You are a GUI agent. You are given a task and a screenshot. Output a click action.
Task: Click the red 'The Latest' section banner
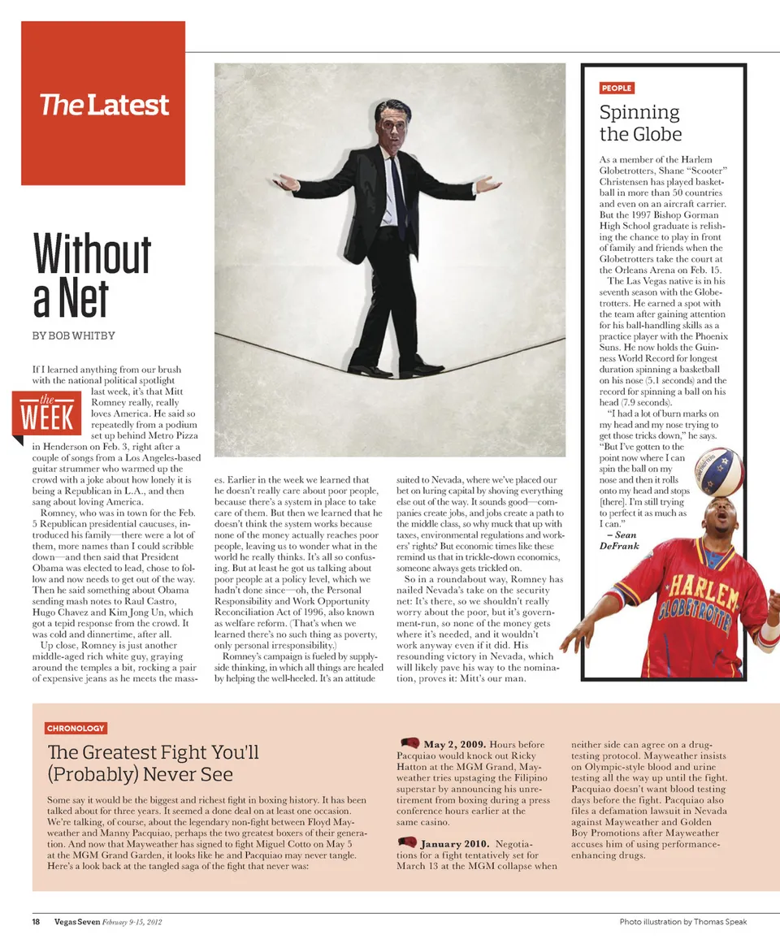pyautogui.click(x=103, y=104)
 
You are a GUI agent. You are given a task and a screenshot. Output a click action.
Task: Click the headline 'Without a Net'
pyautogui.click(x=92, y=275)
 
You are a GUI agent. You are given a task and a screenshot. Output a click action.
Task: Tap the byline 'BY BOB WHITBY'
pyautogui.click(x=73, y=335)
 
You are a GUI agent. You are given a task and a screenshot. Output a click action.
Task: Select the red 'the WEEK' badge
pyautogui.click(x=46, y=413)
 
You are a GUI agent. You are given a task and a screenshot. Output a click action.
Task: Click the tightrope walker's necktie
pyautogui.click(x=397, y=196)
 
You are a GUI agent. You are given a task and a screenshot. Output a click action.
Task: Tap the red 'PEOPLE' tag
pyautogui.click(x=617, y=88)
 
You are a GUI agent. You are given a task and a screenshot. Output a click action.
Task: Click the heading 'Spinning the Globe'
pyautogui.click(x=640, y=123)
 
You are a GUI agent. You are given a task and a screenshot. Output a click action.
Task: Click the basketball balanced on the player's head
pyautogui.click(x=720, y=471)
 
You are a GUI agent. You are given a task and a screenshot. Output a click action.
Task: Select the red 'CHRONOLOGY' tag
pyautogui.click(x=76, y=729)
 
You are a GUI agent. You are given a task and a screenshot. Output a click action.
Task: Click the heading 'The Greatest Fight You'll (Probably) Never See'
pyautogui.click(x=153, y=763)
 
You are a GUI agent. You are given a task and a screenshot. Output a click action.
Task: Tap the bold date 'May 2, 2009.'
pyautogui.click(x=455, y=744)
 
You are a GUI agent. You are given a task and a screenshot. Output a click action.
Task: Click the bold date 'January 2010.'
pyautogui.click(x=454, y=844)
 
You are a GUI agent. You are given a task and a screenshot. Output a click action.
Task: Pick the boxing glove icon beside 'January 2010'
pyautogui.click(x=409, y=842)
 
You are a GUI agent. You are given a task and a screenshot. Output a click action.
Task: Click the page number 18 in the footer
pyautogui.click(x=37, y=922)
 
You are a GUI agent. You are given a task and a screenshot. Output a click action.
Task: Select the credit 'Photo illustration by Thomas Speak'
pyautogui.click(x=682, y=922)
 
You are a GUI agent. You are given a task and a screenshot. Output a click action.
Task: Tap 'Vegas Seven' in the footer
pyautogui.click(x=77, y=922)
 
